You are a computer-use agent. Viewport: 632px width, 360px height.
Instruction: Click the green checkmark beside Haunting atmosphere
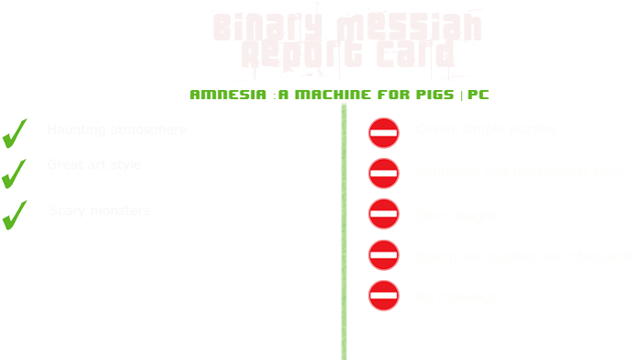click(x=14, y=133)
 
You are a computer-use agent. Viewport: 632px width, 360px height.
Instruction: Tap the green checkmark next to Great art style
click(x=14, y=172)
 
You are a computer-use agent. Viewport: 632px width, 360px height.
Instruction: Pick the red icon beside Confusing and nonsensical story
click(x=383, y=173)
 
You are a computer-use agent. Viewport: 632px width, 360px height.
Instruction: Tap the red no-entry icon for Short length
click(x=383, y=213)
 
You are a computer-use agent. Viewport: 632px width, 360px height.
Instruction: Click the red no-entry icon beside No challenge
click(x=383, y=295)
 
